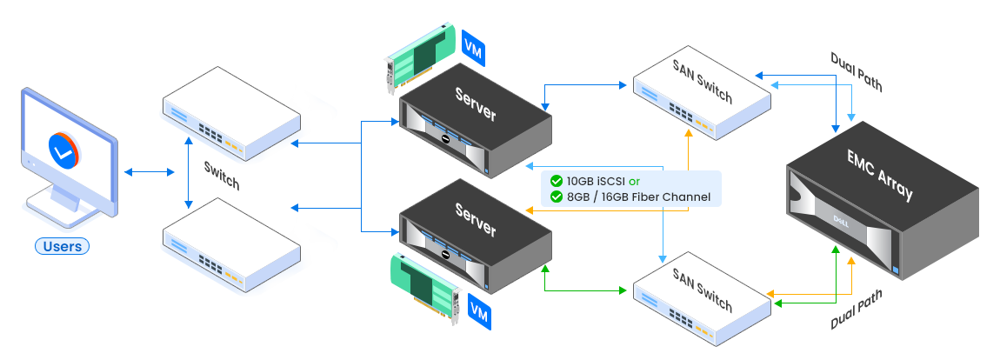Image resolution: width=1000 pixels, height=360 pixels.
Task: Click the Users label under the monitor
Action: [x=63, y=246]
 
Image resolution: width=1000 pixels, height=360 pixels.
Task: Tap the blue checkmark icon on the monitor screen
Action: [x=61, y=150]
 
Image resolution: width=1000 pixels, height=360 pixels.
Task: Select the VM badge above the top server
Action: [x=473, y=47]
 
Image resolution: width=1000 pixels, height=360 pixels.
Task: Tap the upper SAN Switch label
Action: [x=703, y=81]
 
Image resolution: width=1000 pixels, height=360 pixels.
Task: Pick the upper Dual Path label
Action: [x=857, y=71]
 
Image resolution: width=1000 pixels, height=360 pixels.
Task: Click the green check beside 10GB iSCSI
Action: [x=556, y=182]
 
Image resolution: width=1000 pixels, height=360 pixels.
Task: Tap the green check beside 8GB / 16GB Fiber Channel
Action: [x=556, y=197]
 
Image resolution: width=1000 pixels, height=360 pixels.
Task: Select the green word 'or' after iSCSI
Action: [x=633, y=182]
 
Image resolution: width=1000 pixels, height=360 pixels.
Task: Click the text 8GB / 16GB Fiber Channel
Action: [x=638, y=197]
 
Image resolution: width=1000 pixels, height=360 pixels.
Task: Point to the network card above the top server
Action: [x=421, y=55]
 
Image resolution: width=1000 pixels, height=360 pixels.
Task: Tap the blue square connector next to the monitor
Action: [x=128, y=172]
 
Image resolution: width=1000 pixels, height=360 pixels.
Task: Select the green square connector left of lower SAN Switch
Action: [x=623, y=289]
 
